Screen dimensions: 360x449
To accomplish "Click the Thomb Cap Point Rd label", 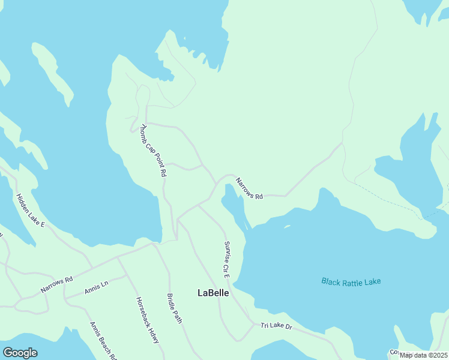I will point(153,150).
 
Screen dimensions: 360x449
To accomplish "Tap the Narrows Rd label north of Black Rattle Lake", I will point(249,188).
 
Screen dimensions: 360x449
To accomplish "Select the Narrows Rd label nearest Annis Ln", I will point(56,284).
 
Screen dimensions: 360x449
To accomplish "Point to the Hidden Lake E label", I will point(31,210).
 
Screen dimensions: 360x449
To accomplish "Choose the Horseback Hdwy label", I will point(147,320).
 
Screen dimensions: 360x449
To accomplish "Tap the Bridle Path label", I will point(174,308).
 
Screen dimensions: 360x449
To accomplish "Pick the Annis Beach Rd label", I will point(102,340).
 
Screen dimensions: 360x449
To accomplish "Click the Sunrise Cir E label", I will point(226,259).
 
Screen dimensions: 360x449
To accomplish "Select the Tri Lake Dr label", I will point(276,326).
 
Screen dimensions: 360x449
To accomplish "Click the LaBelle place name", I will point(213,293).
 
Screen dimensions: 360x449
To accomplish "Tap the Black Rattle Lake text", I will point(351,281).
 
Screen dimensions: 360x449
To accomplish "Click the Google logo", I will point(20,352).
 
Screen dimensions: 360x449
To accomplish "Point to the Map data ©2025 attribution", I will point(423,355).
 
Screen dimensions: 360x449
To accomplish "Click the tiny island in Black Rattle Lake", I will point(287,226).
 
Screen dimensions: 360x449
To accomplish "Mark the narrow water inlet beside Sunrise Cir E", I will point(235,207).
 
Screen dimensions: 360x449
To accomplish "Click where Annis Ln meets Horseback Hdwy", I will point(125,275).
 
